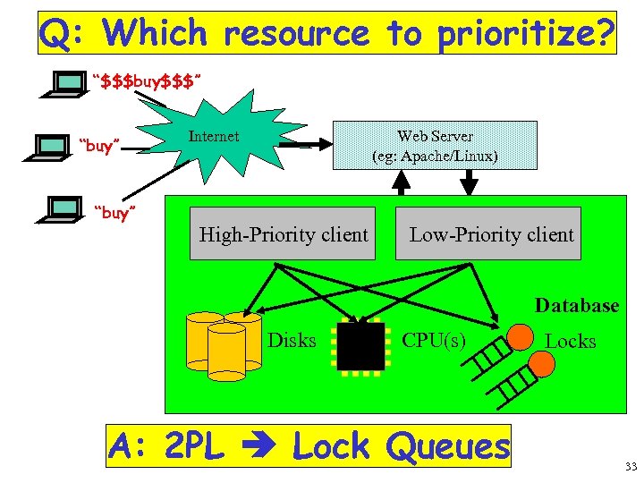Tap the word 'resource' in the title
[295, 34]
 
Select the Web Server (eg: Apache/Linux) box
[435, 145]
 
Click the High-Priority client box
[283, 234]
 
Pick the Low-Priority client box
[490, 234]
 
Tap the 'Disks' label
[292, 340]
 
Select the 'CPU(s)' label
[433, 340]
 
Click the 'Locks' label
[570, 341]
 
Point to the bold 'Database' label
[576, 305]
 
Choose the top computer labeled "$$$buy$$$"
[64, 83]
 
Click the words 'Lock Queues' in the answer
[401, 445]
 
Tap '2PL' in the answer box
[195, 445]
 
